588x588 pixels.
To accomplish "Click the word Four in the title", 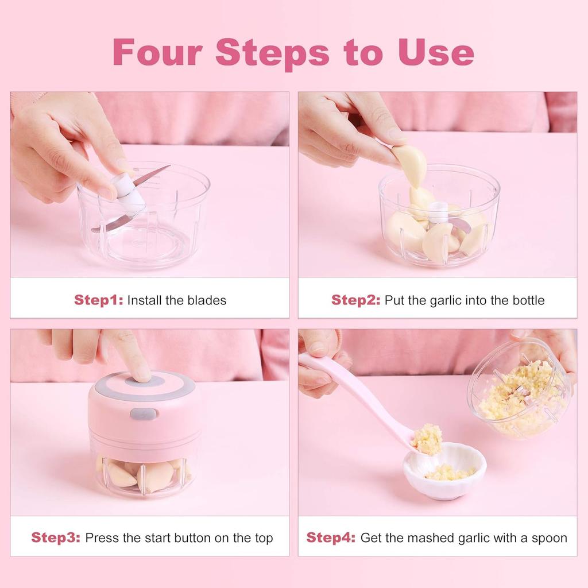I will click(157, 52).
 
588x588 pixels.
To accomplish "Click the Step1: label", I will click(98, 300).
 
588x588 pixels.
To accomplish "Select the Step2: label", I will click(355, 300).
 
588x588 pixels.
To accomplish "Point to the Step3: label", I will click(56, 538).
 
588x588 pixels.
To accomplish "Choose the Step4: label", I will click(331, 538).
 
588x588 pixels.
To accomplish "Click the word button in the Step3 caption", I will click(198, 538).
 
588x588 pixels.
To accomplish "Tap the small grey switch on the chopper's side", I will click(143, 413).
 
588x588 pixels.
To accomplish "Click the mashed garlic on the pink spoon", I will click(428, 439).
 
